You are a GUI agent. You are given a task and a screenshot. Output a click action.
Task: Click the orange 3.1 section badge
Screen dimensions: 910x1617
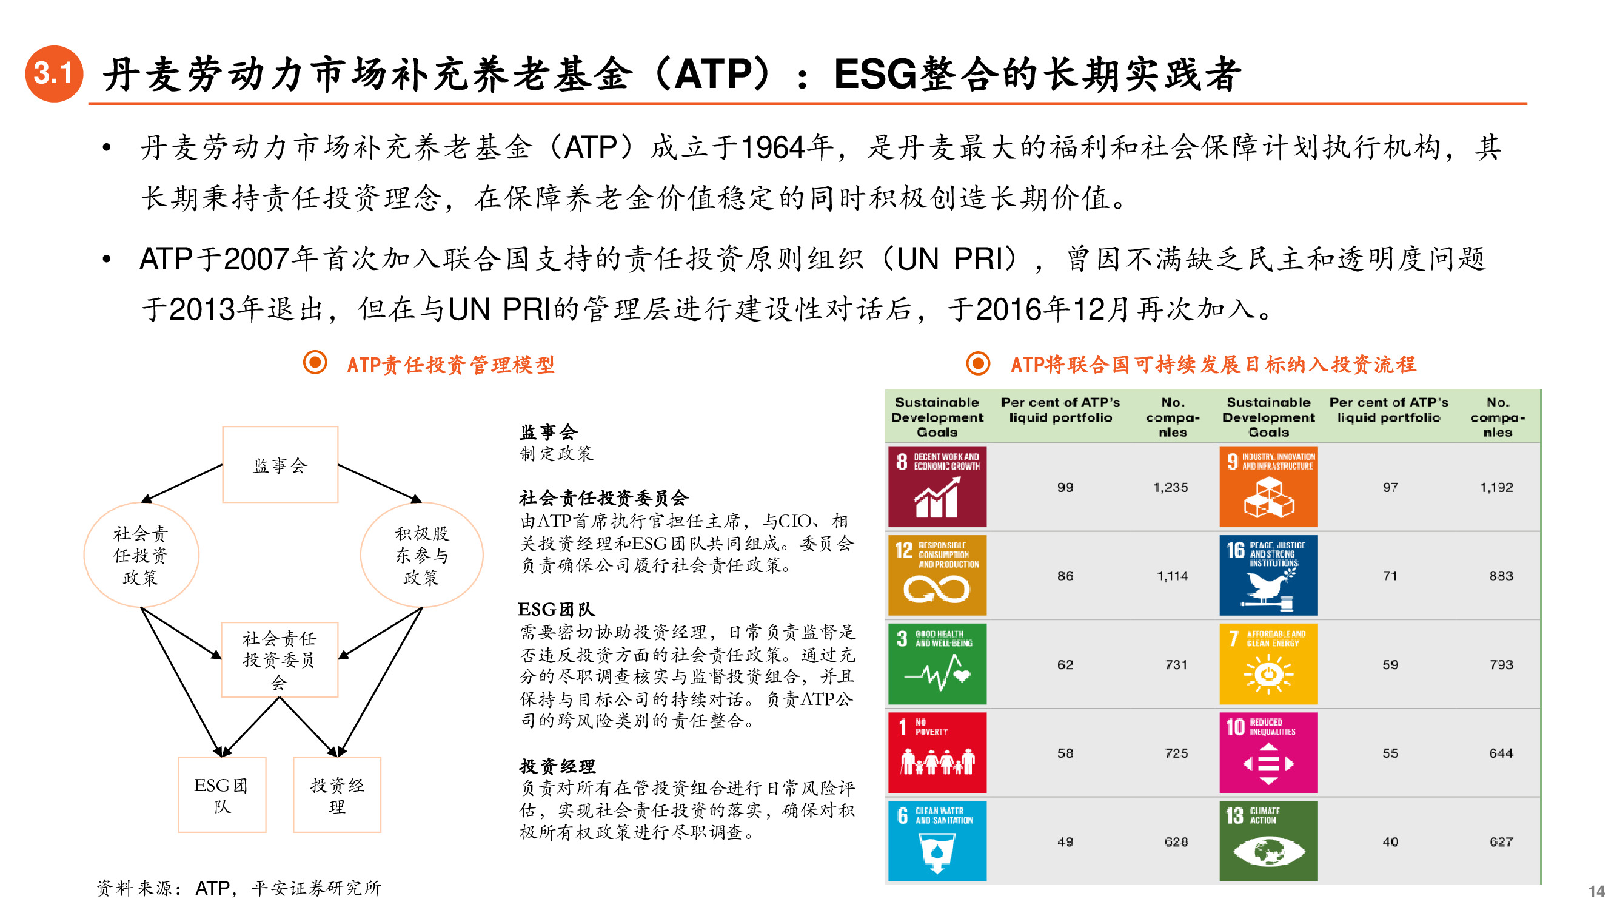[54, 73]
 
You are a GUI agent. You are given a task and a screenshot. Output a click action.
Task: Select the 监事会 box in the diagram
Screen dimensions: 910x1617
[280, 465]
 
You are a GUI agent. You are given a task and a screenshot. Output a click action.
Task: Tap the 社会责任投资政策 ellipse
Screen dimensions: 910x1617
[141, 554]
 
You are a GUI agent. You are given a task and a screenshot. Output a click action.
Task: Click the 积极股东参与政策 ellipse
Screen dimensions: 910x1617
[421, 554]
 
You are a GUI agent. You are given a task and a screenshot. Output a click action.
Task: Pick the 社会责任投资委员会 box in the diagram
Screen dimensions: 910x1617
[280, 659]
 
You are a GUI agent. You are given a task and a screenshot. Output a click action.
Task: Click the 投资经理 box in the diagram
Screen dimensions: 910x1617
[337, 795]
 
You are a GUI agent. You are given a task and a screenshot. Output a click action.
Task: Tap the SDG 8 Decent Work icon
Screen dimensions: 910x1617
[937, 487]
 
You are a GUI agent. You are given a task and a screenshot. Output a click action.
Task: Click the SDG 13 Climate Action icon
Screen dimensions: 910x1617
[1268, 840]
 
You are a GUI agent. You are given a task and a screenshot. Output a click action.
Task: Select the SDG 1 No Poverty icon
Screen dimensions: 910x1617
[937, 752]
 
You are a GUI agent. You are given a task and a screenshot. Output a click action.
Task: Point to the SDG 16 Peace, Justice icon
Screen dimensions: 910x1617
[1268, 575]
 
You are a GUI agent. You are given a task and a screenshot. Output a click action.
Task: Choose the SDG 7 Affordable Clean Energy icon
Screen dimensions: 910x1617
[1268, 664]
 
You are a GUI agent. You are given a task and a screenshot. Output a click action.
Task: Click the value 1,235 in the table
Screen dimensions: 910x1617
[1171, 487]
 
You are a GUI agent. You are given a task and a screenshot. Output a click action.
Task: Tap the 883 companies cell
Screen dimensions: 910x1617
[1500, 576]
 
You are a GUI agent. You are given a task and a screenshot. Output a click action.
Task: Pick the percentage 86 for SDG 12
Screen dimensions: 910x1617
[1065, 576]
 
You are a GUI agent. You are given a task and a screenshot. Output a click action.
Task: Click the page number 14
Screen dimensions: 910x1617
[1596, 891]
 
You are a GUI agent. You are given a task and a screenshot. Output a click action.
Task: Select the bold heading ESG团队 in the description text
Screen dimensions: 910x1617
[556, 609]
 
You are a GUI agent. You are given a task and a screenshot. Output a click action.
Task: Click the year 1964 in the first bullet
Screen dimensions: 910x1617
[772, 148]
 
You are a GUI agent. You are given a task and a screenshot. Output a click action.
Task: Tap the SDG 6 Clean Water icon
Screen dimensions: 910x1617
[937, 840]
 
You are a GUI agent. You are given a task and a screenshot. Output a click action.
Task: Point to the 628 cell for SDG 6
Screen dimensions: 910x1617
[1176, 841]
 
